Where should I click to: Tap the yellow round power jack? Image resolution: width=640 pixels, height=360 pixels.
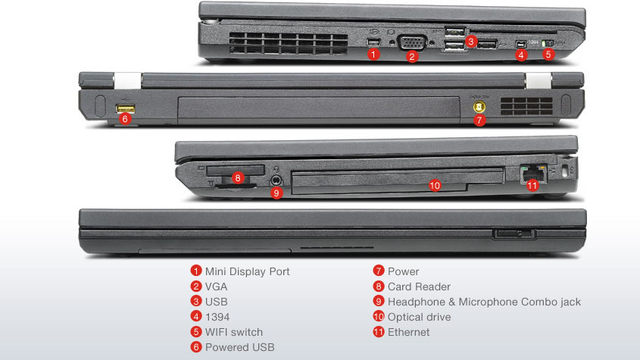click(479, 107)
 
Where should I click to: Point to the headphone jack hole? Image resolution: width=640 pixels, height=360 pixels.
click(276, 180)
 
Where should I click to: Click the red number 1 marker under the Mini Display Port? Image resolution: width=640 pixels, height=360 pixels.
click(373, 54)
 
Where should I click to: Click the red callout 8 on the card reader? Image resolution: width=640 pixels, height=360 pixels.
click(238, 179)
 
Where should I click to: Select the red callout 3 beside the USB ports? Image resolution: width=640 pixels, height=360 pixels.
click(471, 41)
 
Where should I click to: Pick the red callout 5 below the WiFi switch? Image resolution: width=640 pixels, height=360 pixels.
click(550, 55)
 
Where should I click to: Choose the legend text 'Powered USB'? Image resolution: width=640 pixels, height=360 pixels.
click(240, 347)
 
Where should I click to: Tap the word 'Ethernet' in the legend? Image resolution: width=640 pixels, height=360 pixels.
click(408, 332)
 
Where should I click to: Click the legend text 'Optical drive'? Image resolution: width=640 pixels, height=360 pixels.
click(419, 317)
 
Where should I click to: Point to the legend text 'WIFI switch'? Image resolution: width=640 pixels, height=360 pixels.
click(234, 332)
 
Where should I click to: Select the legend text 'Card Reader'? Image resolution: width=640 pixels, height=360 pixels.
click(419, 286)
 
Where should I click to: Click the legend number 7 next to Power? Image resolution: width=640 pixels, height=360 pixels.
click(378, 271)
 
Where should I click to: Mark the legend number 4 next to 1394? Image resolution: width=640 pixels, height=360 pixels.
click(196, 317)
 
